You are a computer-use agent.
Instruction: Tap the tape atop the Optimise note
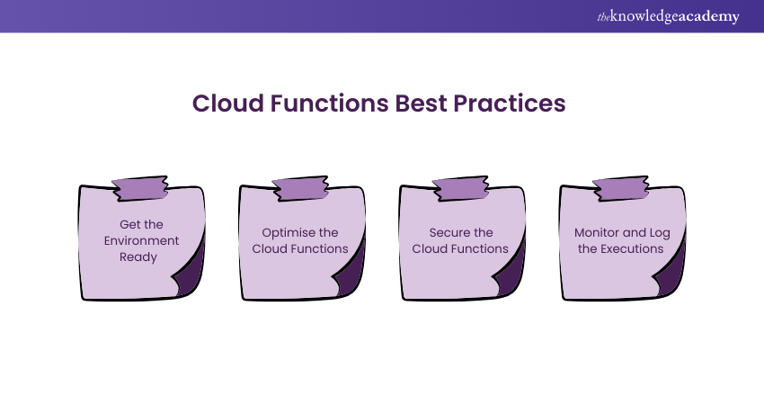300,188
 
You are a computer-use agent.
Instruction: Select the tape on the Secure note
460,188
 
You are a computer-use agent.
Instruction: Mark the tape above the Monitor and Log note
620,188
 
